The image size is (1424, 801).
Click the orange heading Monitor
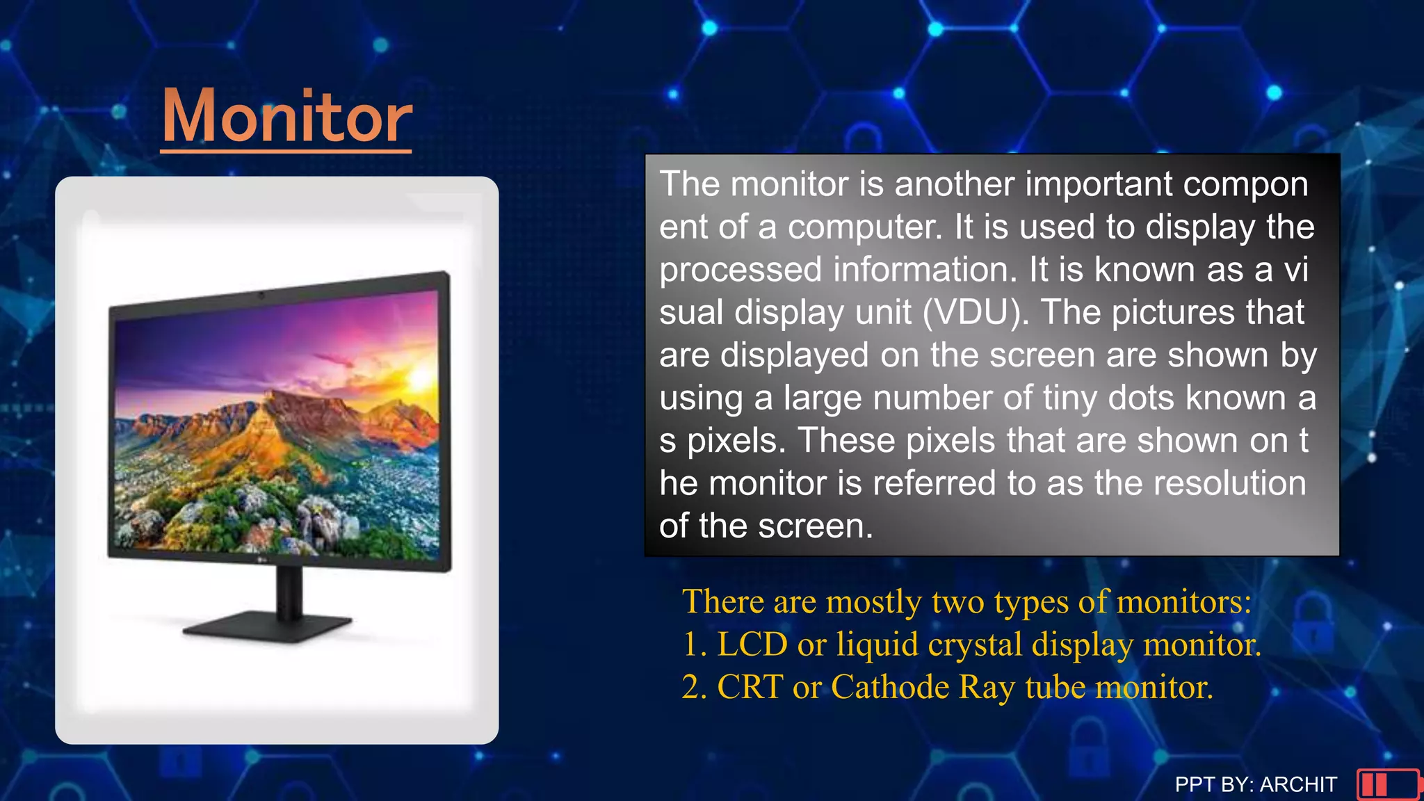(x=286, y=116)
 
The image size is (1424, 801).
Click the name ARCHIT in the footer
(x=1298, y=784)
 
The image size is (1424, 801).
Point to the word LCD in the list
(x=752, y=644)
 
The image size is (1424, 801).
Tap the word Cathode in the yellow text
(x=890, y=687)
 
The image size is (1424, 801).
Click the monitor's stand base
(x=268, y=627)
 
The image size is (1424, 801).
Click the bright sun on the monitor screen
(x=421, y=378)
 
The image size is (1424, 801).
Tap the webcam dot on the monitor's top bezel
(x=261, y=296)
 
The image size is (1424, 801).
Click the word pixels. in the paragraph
(x=736, y=441)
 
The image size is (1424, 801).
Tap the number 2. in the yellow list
(x=695, y=687)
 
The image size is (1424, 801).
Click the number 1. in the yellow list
(x=695, y=644)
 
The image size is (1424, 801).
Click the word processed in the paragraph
(x=740, y=270)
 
